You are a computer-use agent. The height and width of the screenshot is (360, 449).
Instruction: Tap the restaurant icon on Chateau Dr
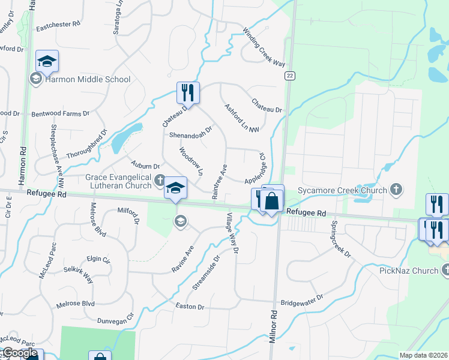coord(188,93)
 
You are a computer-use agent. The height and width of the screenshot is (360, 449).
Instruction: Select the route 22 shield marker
coord(290,75)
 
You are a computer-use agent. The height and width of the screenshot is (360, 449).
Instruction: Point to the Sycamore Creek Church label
coord(342,191)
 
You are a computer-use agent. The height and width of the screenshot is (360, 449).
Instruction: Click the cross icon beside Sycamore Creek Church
coord(396,190)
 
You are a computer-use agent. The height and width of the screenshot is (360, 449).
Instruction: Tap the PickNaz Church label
coord(409,271)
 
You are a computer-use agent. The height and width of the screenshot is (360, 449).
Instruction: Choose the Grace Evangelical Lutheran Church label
coord(119,181)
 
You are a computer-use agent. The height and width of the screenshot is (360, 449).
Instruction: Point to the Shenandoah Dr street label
coord(191,132)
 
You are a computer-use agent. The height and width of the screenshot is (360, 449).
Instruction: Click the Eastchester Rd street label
coord(58,25)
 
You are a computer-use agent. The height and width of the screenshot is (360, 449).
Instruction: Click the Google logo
coord(20,353)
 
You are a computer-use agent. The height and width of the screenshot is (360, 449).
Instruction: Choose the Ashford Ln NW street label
coord(242,118)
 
